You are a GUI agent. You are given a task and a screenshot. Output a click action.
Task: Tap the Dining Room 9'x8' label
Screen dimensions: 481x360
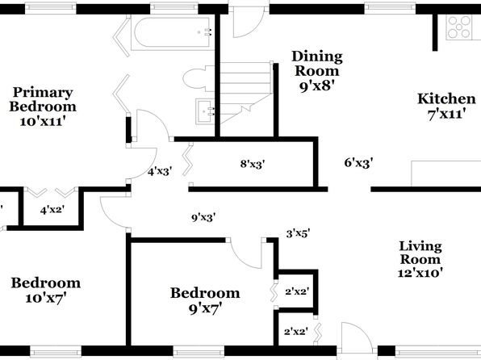pyautogui.click(x=317, y=71)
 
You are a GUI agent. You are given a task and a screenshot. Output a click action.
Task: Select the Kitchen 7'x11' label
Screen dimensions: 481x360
pyautogui.click(x=446, y=107)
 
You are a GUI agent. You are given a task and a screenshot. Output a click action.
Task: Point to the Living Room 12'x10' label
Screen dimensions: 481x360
pyautogui.click(x=420, y=259)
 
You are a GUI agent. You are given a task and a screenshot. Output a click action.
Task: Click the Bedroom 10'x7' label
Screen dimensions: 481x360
pyautogui.click(x=46, y=290)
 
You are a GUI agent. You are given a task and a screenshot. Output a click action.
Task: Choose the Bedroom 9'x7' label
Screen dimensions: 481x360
pyautogui.click(x=205, y=300)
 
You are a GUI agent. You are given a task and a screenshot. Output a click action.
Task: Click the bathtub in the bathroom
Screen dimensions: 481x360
pyautogui.click(x=172, y=34)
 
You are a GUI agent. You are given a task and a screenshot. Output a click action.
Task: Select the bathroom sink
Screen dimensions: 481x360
pyautogui.click(x=205, y=111)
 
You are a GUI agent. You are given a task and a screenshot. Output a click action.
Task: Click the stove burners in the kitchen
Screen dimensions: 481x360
pyautogui.click(x=459, y=27)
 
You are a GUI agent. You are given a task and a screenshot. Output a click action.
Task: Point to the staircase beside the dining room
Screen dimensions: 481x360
pyautogui.click(x=246, y=92)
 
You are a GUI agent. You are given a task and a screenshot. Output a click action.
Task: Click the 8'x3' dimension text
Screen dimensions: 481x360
pyautogui.click(x=253, y=164)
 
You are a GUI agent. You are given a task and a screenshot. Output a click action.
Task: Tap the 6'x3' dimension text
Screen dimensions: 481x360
pyautogui.click(x=358, y=162)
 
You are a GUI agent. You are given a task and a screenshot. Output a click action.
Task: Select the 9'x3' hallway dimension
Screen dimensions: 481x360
pyautogui.click(x=203, y=218)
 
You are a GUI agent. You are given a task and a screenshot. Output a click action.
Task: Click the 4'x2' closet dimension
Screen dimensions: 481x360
pyautogui.click(x=52, y=210)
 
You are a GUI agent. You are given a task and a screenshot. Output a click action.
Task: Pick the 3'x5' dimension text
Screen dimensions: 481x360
pyautogui.click(x=298, y=234)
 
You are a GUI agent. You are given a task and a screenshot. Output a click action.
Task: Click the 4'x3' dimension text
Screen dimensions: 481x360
pyautogui.click(x=160, y=171)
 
